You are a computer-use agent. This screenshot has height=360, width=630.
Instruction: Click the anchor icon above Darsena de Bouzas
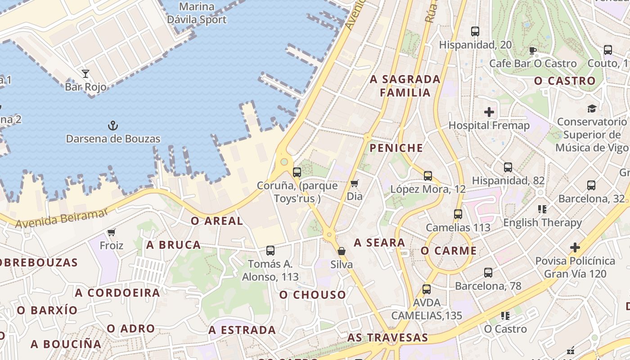pos(113,126)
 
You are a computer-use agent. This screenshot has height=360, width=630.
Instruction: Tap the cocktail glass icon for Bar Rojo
pos(85,74)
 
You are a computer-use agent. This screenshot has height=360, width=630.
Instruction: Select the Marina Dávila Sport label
pos(197,13)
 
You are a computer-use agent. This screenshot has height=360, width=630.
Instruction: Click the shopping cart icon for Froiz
pos(111,232)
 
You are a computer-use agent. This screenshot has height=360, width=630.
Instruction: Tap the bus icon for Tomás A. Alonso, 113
pos(270,251)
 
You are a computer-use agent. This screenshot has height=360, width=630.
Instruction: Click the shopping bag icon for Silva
pos(342,251)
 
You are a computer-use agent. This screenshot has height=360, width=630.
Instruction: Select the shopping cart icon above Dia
pos(355,183)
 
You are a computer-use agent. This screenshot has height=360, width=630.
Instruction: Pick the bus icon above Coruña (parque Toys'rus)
pos(297,172)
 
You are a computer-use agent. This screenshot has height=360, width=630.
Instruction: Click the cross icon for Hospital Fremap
pos(489,112)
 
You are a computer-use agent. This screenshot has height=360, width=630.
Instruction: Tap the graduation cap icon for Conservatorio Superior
pos(591,108)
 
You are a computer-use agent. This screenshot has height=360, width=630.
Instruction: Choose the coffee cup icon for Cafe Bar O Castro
pos(533,50)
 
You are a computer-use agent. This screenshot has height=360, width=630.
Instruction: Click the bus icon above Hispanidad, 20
pos(475,31)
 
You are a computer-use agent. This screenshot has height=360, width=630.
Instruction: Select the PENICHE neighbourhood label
pos(396,148)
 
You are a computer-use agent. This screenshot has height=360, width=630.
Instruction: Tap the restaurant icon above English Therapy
pos(542,209)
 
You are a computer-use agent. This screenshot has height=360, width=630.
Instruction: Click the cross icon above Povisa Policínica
pos(575,247)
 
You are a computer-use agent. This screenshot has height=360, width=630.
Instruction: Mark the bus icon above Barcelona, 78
pos(488,272)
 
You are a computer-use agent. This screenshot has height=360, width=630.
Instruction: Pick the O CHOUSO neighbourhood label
pos(313,295)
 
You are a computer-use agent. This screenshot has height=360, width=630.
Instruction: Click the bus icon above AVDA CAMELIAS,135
pos(427,289)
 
